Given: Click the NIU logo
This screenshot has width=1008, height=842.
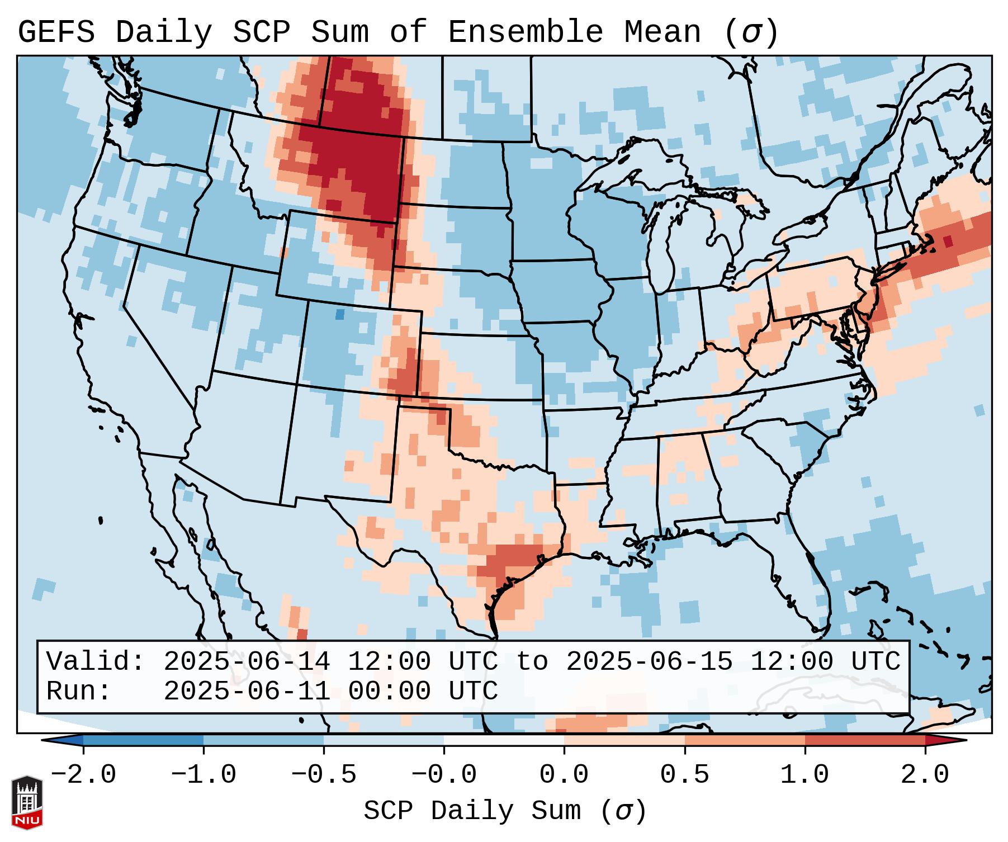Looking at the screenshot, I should (27, 802).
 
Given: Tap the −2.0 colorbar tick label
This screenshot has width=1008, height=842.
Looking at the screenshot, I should (83, 775).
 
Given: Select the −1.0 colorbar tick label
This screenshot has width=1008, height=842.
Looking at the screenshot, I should (204, 775).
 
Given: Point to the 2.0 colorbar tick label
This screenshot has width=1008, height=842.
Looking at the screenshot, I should (925, 775).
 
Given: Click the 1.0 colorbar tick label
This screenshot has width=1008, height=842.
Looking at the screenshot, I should (804, 775).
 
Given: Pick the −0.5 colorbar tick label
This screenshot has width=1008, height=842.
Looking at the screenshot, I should (324, 775).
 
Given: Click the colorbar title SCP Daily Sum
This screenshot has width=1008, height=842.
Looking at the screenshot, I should (504, 811).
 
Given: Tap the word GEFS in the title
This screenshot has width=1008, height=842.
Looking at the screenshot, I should (56, 32).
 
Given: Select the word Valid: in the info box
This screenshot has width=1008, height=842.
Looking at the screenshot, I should (96, 661).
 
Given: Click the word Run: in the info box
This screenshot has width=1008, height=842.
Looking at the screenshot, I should (79, 691).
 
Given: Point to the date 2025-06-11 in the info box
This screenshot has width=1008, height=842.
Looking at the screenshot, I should (247, 691).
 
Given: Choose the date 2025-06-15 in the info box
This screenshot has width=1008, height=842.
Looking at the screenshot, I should (649, 661).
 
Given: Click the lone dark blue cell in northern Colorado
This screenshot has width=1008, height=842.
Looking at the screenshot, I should (339, 314).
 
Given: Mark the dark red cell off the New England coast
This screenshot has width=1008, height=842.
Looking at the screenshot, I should (948, 242).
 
